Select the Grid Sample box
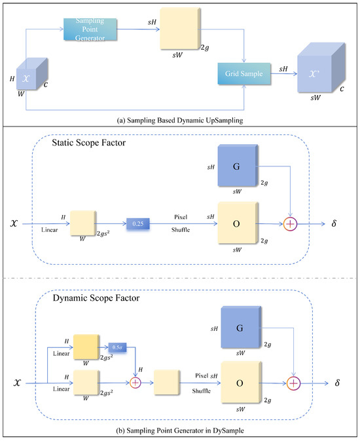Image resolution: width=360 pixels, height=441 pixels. [243, 75]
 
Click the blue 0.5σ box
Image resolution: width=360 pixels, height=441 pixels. [118, 347]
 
